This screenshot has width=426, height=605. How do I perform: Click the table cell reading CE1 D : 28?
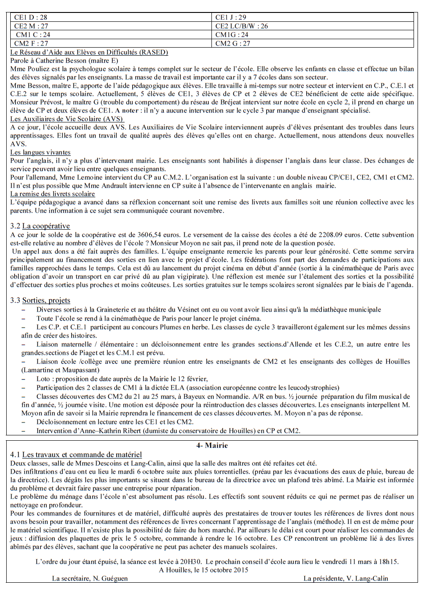click(31, 17)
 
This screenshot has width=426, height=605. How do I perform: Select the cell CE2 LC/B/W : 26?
click(241, 26)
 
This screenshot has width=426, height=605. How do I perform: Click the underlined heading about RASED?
click(89, 53)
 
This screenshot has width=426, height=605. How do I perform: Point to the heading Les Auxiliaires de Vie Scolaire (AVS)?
click(67, 119)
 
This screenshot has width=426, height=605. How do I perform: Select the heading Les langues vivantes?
click(41, 153)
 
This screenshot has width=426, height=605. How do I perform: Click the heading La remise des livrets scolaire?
click(53, 194)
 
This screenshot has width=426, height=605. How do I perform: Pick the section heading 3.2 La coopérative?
click(40, 226)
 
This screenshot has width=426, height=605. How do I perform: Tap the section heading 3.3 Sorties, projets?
click(40, 300)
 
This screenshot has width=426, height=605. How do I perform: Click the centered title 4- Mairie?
click(212, 446)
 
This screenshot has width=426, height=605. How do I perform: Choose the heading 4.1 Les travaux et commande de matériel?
click(76, 455)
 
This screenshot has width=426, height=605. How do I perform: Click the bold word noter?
click(130, 111)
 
